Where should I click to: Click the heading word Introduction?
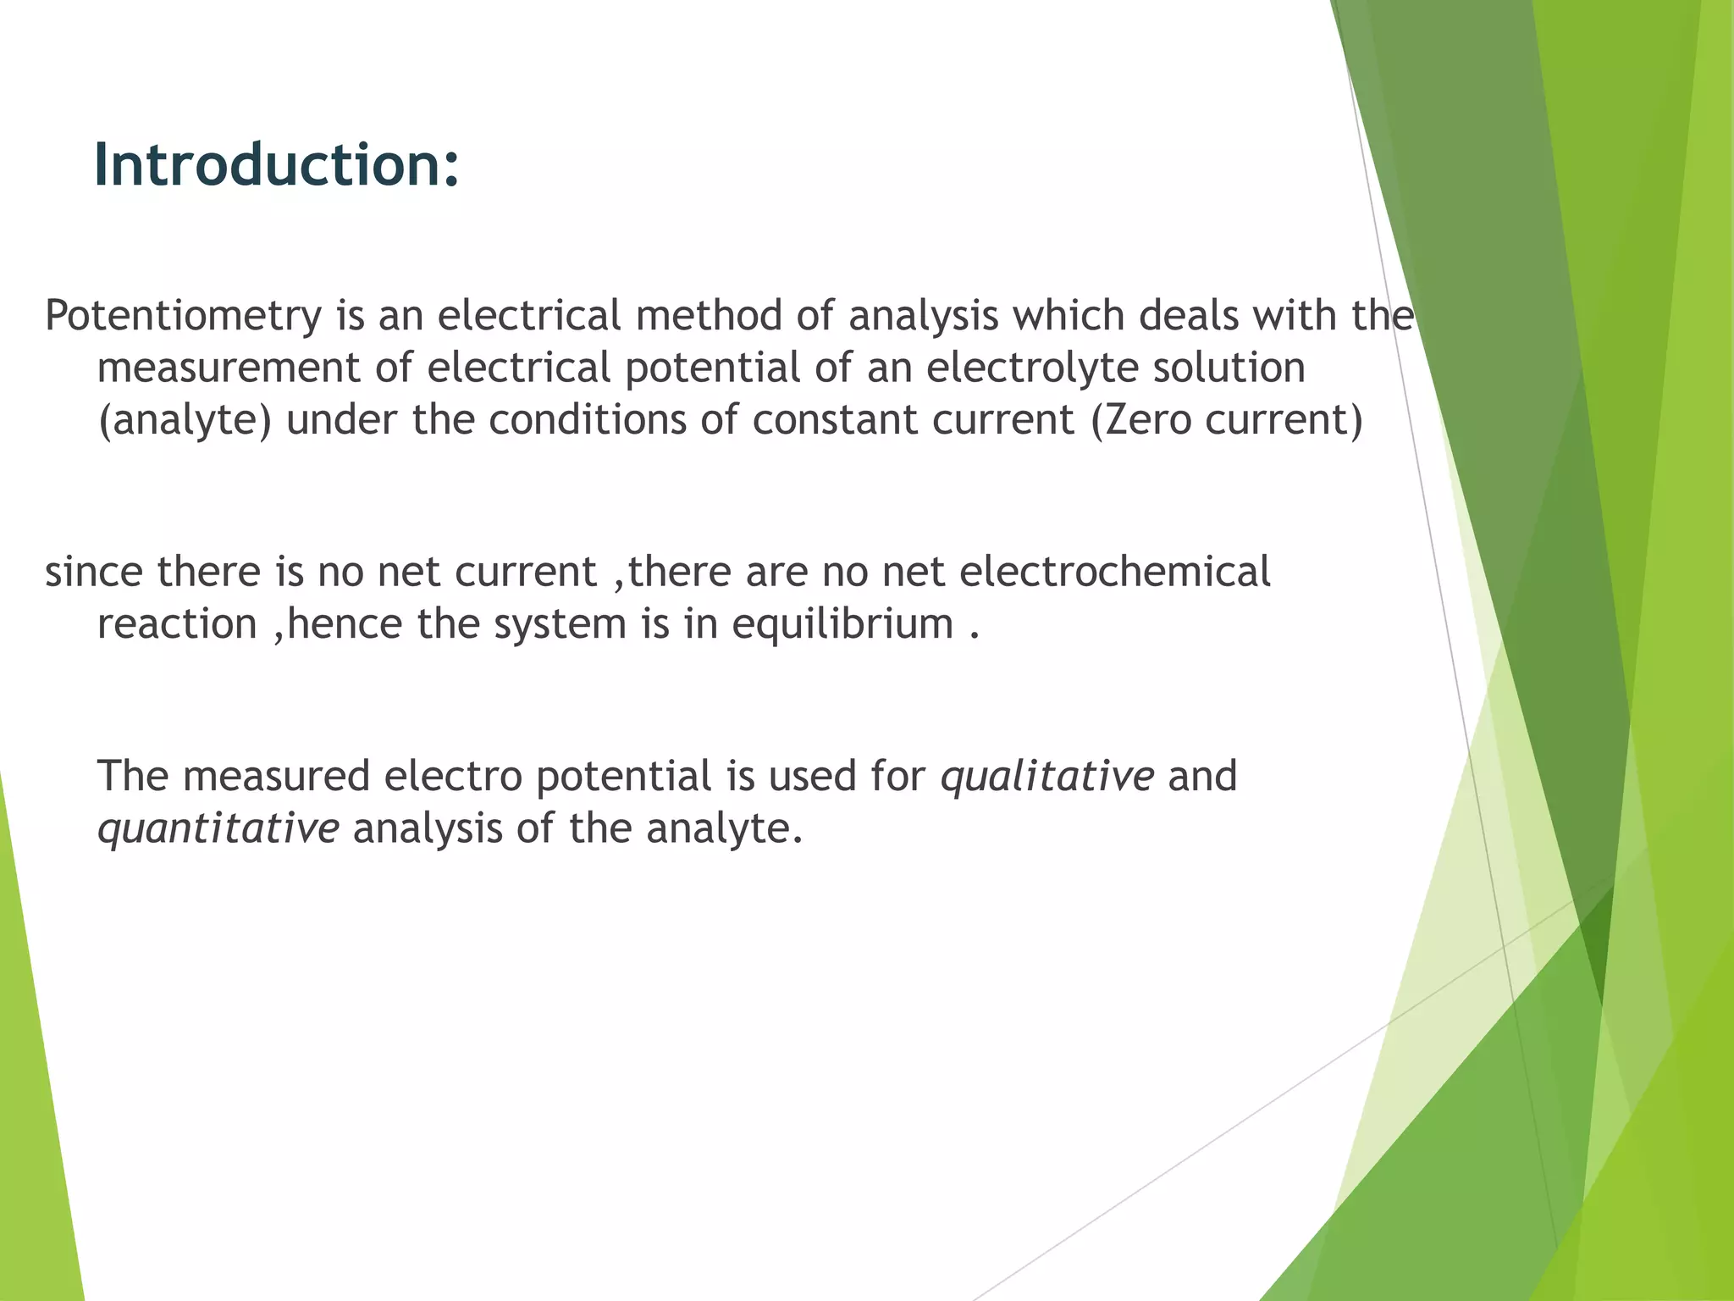tap(276, 164)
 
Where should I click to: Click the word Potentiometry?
tap(183, 316)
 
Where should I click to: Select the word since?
tap(93, 572)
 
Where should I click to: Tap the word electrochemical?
tap(1114, 572)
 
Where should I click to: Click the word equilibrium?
tap(842, 625)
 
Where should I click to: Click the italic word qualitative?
tap(1046, 777)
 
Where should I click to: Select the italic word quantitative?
tap(218, 829)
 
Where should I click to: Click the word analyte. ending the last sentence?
tap(724, 829)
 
